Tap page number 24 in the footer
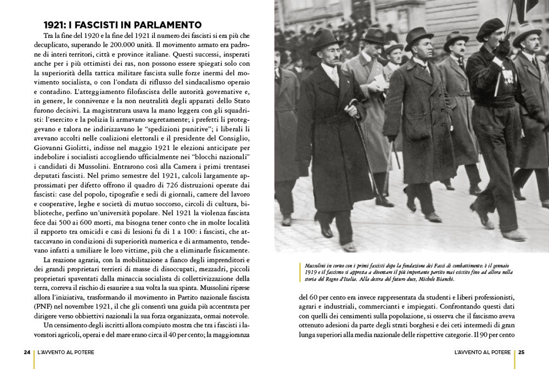point(27,352)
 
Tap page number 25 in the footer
point(522,352)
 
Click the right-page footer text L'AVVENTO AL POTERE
point(483,352)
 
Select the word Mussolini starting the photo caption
point(317,265)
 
